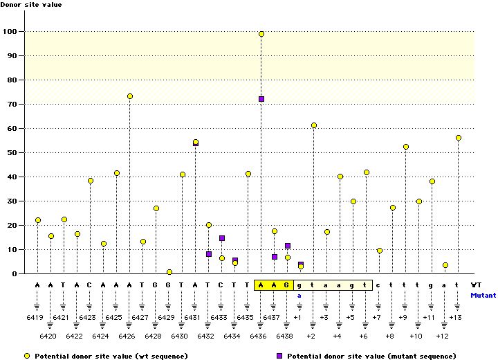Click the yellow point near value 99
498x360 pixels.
[261, 34]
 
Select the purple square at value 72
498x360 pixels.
[261, 99]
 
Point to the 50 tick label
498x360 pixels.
[11, 153]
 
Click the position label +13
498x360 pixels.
[455, 317]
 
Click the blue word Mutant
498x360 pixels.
[483, 295]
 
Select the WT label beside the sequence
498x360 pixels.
[477, 285]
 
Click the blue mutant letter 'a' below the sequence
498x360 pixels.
[300, 295]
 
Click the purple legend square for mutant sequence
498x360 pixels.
[279, 356]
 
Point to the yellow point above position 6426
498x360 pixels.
[130, 96]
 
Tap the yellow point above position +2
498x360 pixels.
[314, 125]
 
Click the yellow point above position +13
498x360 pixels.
[459, 138]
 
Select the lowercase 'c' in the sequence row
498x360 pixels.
[379, 285]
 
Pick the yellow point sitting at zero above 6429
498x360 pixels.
[169, 272]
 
